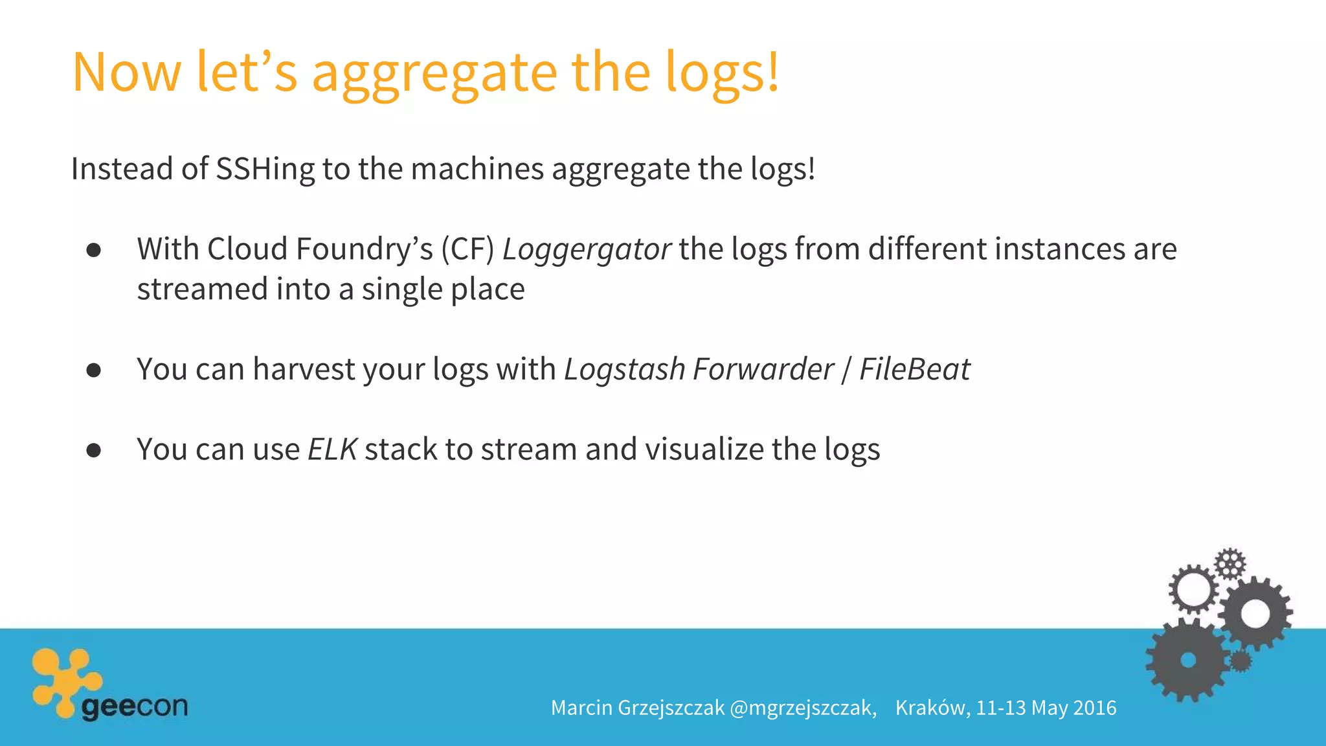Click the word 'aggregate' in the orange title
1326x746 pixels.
(x=434, y=73)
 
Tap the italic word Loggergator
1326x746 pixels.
(x=587, y=249)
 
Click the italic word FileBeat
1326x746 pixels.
(x=914, y=369)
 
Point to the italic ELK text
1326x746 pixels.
(x=332, y=449)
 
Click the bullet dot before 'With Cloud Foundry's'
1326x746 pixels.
(x=94, y=251)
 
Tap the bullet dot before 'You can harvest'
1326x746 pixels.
(x=94, y=370)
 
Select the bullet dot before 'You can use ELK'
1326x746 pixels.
(x=94, y=451)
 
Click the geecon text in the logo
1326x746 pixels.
(x=135, y=706)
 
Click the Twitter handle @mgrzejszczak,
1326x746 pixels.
(x=803, y=708)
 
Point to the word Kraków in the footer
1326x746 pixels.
(x=932, y=708)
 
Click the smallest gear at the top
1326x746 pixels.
(x=1230, y=563)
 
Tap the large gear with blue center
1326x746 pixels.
(x=1187, y=660)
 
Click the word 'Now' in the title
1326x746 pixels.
(x=127, y=73)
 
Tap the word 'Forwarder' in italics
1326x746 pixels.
(x=763, y=369)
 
